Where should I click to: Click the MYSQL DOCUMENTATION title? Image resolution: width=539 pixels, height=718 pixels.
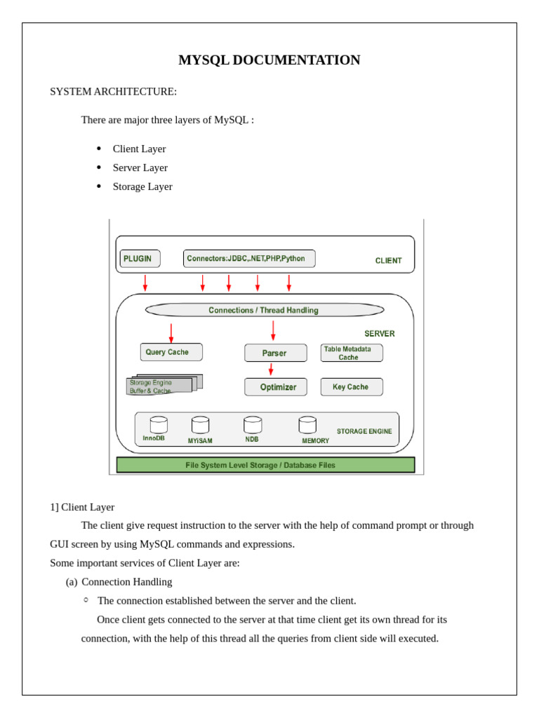(269, 60)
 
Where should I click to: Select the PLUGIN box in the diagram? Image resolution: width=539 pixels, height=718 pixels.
(140, 259)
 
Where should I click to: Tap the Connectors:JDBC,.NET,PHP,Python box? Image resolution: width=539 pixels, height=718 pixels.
(249, 258)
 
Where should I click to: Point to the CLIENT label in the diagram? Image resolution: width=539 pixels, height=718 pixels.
(388, 261)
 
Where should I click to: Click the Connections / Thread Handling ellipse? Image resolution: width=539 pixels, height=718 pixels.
(265, 310)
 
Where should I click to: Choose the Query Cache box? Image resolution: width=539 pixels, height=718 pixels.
(171, 352)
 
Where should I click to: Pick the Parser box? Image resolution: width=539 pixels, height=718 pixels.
(275, 353)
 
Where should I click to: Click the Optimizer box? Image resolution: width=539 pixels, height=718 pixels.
(275, 387)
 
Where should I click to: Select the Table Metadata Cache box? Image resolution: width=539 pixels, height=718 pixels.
(352, 353)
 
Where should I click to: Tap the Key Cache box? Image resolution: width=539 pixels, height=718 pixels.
(352, 387)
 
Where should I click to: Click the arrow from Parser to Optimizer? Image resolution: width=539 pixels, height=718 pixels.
(271, 370)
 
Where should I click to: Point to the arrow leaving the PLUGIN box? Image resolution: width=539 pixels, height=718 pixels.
(145, 283)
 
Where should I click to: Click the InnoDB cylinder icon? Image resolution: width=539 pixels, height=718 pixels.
(159, 425)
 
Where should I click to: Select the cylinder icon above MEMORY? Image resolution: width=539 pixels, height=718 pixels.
(307, 425)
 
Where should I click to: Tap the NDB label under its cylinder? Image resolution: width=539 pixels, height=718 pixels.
(252, 439)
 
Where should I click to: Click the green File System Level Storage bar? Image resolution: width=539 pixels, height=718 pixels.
(266, 465)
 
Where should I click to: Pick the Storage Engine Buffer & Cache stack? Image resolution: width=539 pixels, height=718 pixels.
(164, 384)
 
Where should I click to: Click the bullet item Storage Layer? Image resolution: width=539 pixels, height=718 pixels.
(142, 187)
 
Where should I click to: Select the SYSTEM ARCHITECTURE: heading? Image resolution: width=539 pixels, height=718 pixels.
(113, 92)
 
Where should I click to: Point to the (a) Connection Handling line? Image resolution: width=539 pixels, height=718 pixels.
(119, 582)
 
